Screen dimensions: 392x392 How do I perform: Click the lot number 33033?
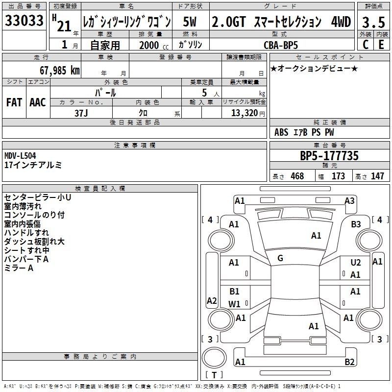click(x=24, y=21)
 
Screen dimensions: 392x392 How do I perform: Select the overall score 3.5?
click(x=373, y=22)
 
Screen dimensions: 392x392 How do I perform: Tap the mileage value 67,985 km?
click(x=60, y=71)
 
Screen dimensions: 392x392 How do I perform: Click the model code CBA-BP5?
click(x=281, y=45)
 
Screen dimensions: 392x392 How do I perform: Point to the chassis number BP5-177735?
click(x=329, y=156)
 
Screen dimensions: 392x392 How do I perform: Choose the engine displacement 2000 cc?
click(x=154, y=45)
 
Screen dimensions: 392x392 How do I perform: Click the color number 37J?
click(x=81, y=113)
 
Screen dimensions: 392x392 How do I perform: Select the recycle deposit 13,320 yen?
click(x=248, y=113)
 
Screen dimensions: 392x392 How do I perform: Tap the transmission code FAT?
click(x=14, y=102)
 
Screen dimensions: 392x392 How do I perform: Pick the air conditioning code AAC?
click(x=38, y=102)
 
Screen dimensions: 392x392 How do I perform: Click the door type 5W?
click(x=190, y=22)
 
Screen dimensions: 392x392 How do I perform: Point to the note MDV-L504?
click(x=20, y=156)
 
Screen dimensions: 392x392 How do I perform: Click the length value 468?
click(x=297, y=176)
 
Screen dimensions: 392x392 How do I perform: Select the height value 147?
click(x=377, y=176)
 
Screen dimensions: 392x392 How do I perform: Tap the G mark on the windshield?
click(x=280, y=258)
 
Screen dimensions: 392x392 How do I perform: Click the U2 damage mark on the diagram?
click(x=356, y=263)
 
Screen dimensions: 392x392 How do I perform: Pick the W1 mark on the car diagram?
click(x=234, y=304)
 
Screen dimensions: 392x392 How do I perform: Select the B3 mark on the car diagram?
click(x=356, y=224)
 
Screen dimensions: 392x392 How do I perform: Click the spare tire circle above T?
click(x=214, y=358)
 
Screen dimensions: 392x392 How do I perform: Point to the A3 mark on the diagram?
click(x=349, y=201)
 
